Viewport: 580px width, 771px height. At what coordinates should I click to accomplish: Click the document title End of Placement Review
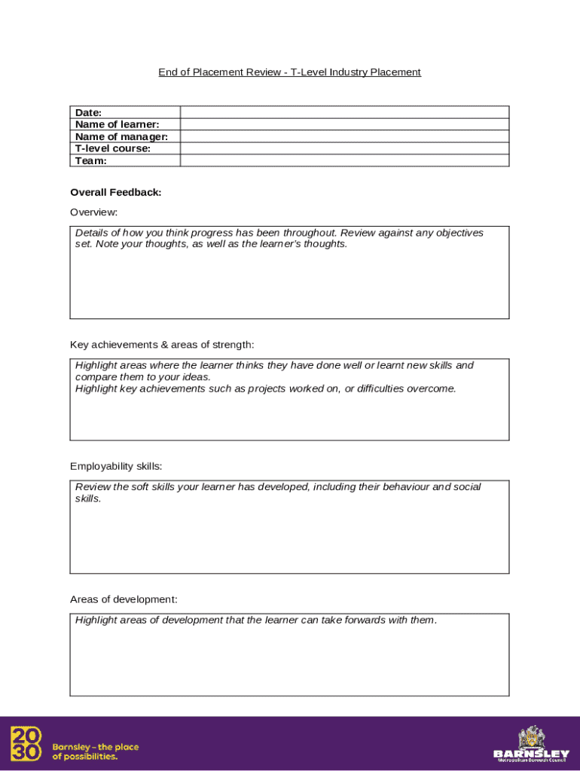(x=289, y=72)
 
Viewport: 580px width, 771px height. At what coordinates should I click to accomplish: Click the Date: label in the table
(x=88, y=112)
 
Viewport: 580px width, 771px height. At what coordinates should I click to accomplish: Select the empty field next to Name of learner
(x=344, y=124)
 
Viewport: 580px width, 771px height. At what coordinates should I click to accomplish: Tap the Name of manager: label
(x=121, y=136)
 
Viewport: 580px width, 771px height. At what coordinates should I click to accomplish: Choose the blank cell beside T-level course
(x=344, y=148)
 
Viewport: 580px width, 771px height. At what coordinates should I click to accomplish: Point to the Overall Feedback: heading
(x=115, y=193)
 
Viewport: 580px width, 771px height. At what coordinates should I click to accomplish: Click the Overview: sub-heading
(x=93, y=212)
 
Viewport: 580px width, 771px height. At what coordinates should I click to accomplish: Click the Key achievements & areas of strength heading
(x=162, y=345)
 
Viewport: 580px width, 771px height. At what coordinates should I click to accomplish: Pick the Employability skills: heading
(x=116, y=466)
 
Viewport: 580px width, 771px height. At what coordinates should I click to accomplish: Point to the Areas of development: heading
(x=124, y=599)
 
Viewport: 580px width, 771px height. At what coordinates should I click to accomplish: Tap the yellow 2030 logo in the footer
(x=26, y=743)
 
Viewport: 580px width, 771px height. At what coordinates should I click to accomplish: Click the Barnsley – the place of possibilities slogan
(x=95, y=751)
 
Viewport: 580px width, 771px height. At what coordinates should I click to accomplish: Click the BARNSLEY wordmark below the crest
(x=532, y=754)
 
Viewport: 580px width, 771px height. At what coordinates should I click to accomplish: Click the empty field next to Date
(x=344, y=112)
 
